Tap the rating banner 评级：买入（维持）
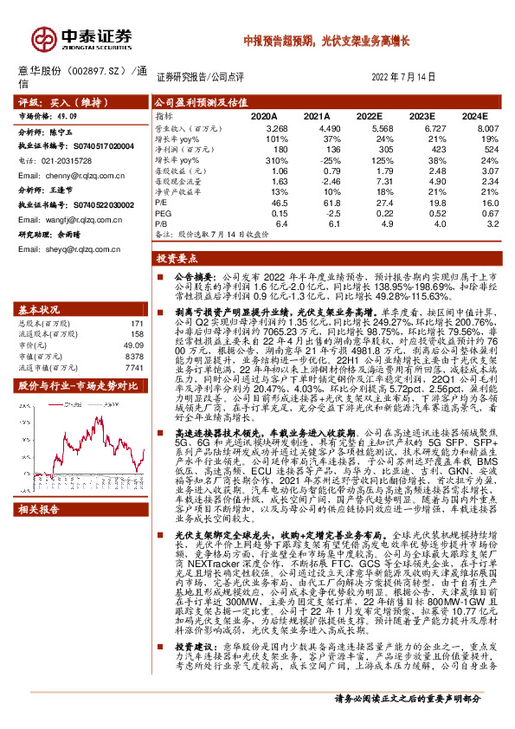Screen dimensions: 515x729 (x=57, y=101)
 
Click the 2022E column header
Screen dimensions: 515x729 (x=369, y=115)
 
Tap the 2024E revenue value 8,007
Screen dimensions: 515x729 (x=488, y=127)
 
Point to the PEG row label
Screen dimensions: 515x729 (x=161, y=213)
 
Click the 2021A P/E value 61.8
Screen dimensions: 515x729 (x=317, y=202)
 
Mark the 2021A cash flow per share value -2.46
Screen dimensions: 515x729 (x=317, y=181)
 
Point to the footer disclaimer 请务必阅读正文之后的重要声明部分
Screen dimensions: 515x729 (x=419, y=721)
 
